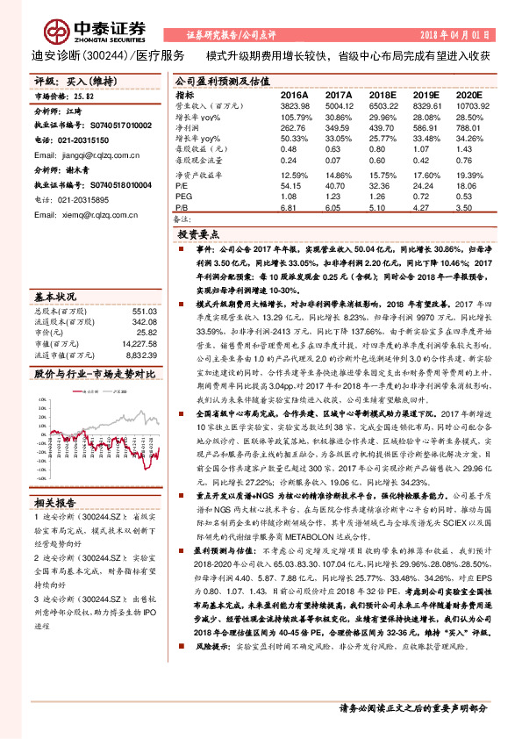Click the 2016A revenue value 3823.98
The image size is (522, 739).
[x=294, y=105]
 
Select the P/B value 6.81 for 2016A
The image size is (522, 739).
[x=291, y=210]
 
